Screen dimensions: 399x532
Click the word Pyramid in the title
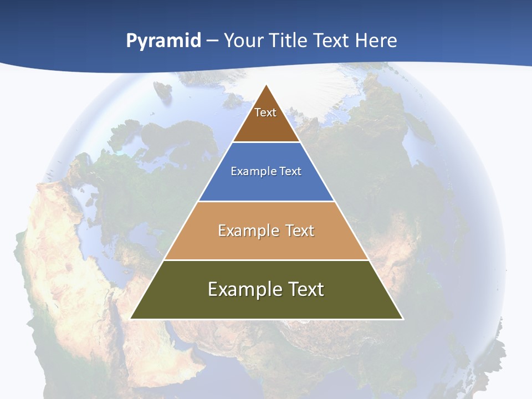pyautogui.click(x=163, y=40)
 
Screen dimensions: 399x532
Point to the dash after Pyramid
pyautogui.click(x=212, y=41)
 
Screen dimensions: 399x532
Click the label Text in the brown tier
pyautogui.click(x=265, y=112)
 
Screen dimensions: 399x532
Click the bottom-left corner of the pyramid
pyautogui.click(x=131, y=318)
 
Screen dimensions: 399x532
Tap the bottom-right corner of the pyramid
pyautogui.click(x=402, y=318)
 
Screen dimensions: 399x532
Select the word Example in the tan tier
pyautogui.click(x=248, y=231)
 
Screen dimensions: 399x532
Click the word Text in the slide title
pyautogui.click(x=332, y=40)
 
